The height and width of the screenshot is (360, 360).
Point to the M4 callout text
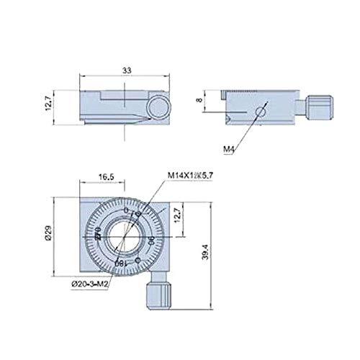pyautogui.click(x=230, y=149)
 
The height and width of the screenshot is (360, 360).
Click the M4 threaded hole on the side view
pyautogui.click(x=261, y=111)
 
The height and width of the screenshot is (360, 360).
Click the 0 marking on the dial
pyautogui.click(x=127, y=210)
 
